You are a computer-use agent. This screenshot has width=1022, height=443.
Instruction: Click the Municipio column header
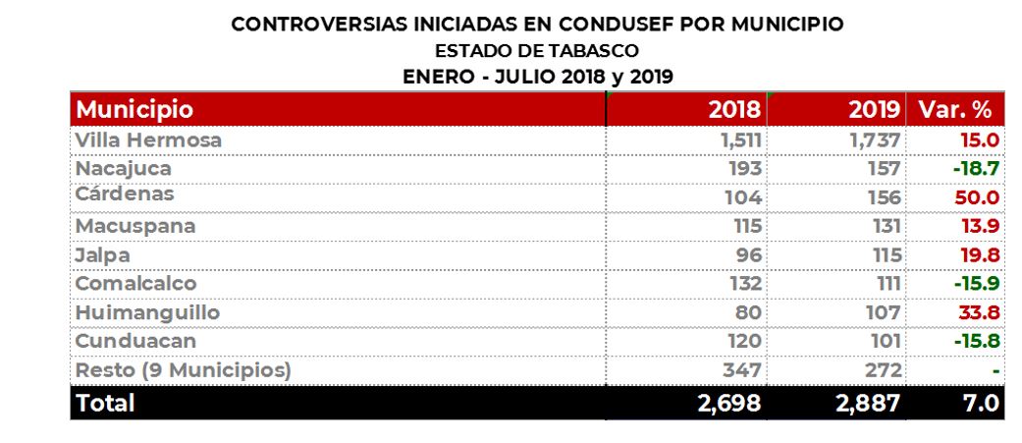tap(134, 109)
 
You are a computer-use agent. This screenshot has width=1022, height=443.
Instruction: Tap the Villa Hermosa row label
tap(148, 140)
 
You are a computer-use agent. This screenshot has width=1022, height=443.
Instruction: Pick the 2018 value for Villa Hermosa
tap(741, 140)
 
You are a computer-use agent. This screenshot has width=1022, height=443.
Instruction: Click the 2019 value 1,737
tap(875, 140)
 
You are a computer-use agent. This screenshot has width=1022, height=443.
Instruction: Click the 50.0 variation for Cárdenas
tap(977, 197)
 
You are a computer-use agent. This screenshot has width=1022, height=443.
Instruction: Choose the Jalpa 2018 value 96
tap(747, 255)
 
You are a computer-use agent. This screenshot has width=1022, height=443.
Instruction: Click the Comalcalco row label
tap(135, 283)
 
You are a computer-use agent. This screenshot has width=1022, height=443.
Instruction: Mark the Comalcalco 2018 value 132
tap(745, 284)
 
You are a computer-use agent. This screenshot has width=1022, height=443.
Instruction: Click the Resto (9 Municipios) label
tap(183, 370)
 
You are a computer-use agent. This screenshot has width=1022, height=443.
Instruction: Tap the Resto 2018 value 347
tap(743, 370)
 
